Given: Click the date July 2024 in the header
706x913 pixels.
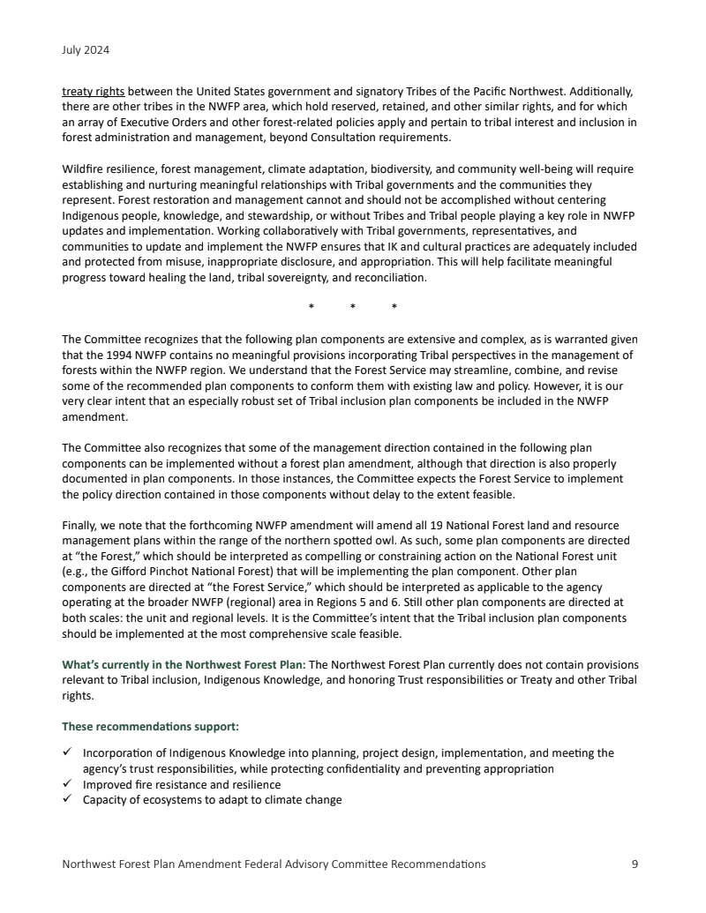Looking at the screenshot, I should pyautogui.click(x=86, y=50).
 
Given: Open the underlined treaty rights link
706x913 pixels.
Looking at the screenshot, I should pyautogui.click(x=93, y=91).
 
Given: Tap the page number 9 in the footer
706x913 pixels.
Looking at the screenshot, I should pyautogui.click(x=635, y=864).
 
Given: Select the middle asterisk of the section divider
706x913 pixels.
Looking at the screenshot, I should pyautogui.click(x=352, y=308).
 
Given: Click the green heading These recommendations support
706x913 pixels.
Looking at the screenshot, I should pyautogui.click(x=151, y=727).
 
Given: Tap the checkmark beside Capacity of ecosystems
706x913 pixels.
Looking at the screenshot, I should pyautogui.click(x=68, y=800).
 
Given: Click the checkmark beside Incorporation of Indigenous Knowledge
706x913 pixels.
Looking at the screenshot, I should pyautogui.click(x=68, y=753).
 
